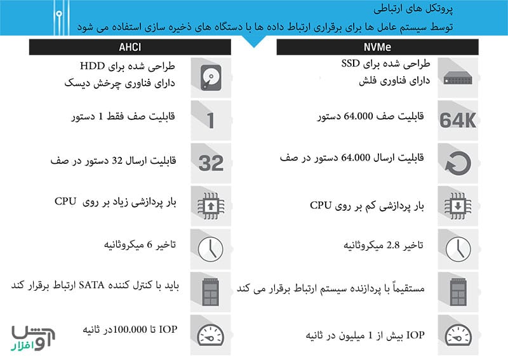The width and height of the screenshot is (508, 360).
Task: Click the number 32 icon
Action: (211, 163)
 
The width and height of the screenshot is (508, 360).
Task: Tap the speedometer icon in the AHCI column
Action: (211, 334)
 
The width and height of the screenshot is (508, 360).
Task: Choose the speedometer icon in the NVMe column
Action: (457, 334)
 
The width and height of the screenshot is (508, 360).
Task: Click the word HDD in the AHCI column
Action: (93, 66)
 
